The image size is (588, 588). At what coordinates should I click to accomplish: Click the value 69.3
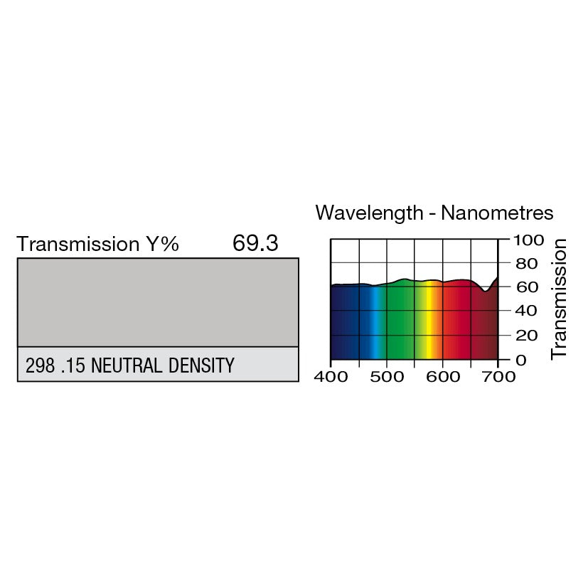click(255, 243)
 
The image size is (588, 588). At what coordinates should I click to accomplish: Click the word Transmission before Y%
click(78, 244)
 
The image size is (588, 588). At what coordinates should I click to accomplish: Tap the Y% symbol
click(162, 244)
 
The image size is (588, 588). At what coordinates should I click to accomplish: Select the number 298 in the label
click(40, 365)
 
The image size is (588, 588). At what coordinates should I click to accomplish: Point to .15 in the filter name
click(73, 365)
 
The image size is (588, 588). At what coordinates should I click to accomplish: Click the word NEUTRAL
click(127, 365)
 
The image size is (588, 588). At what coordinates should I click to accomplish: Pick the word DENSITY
click(201, 365)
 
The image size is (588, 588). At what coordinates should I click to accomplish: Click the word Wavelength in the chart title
click(370, 213)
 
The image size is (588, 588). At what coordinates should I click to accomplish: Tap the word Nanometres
click(497, 213)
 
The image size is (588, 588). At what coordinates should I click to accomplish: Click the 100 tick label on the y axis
click(528, 240)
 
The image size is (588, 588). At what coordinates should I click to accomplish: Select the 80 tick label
click(527, 264)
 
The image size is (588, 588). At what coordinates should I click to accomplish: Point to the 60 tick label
click(527, 287)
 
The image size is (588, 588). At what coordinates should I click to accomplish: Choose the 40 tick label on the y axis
click(525, 311)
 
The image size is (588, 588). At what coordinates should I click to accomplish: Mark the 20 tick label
click(527, 336)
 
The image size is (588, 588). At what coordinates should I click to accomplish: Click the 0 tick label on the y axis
click(521, 360)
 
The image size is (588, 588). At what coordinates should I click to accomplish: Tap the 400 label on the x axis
click(331, 377)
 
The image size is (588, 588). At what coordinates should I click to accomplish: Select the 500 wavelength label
click(387, 377)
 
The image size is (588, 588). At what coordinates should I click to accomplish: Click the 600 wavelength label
click(443, 377)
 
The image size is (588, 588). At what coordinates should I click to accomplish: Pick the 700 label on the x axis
click(498, 377)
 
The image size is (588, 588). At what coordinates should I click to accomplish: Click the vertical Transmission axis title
click(558, 299)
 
